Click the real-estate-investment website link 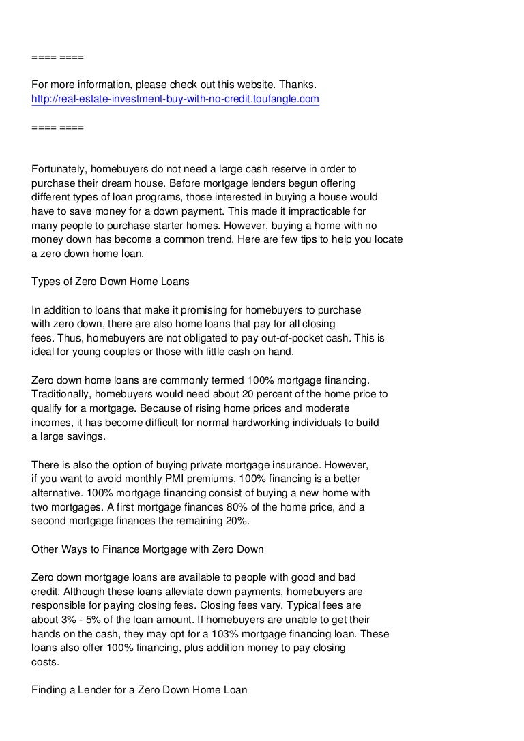point(175,99)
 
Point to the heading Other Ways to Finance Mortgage point(147,549)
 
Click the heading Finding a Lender point(139,689)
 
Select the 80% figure point(203,507)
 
